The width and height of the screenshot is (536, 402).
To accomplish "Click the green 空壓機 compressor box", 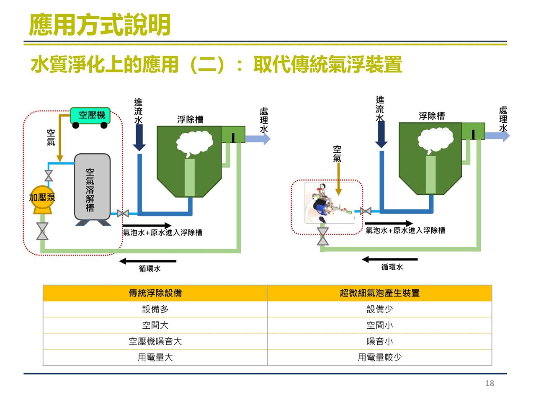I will click(x=90, y=115).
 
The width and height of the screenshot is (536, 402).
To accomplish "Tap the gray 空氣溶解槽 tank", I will click(x=92, y=187).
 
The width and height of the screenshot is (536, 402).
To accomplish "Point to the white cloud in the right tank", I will click(x=435, y=139).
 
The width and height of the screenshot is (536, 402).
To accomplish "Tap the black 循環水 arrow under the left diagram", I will click(x=147, y=261).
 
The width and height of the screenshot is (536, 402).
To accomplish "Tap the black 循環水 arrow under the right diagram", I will click(x=389, y=260).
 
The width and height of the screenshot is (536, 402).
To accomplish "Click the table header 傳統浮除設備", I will click(x=155, y=293).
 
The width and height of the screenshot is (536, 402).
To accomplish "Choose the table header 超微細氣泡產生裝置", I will click(x=379, y=293).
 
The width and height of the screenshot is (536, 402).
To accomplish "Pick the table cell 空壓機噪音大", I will click(x=155, y=342).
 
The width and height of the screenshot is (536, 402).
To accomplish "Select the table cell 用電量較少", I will click(x=379, y=358).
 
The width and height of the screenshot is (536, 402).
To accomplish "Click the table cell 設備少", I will click(x=379, y=309).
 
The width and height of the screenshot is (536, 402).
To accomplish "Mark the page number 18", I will click(x=490, y=383).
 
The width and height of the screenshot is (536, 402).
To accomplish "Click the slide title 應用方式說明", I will click(x=100, y=25).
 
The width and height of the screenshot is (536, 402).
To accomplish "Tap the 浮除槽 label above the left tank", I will click(x=190, y=120).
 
